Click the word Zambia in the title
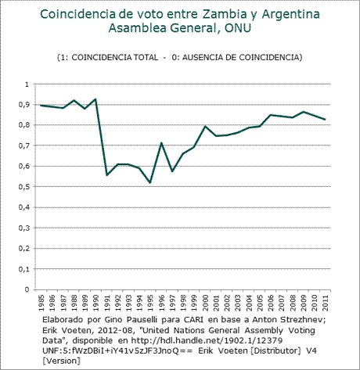[x=225, y=14]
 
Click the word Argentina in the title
[x=290, y=15]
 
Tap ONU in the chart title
[x=238, y=28]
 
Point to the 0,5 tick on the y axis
[x=24, y=187]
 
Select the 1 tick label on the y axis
[x=27, y=84]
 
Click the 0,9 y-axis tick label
[x=24, y=105]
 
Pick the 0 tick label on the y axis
[x=27, y=289]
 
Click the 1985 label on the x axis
[x=41, y=303]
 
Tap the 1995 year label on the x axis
[x=150, y=303]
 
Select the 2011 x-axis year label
[x=325, y=303]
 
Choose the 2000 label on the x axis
[x=205, y=303]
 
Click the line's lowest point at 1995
[x=150, y=182]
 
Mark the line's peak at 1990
[x=95, y=99]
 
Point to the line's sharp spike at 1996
[x=161, y=143]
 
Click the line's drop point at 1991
[x=106, y=175]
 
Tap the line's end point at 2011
[x=325, y=120]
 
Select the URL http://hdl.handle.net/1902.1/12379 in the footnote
[x=207, y=340]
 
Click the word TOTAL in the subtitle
[x=146, y=57]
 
